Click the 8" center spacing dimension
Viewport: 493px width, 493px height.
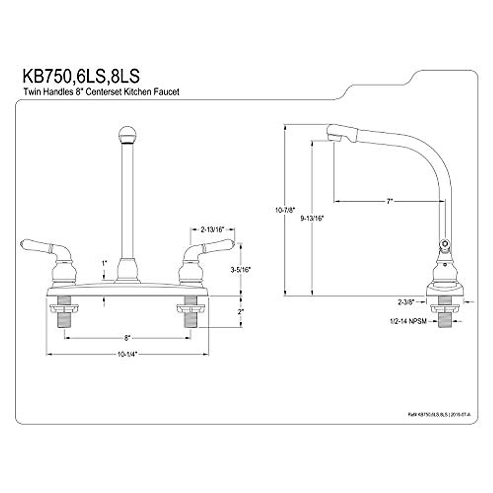(x=127, y=338)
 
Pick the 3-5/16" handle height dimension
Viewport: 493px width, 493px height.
(x=241, y=270)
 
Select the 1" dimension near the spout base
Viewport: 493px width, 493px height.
(x=104, y=263)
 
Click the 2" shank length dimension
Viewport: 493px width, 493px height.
(x=241, y=312)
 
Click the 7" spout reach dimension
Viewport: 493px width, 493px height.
(x=389, y=201)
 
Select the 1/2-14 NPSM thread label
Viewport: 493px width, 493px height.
(x=408, y=322)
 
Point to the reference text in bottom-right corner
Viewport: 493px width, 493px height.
(x=444, y=415)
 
